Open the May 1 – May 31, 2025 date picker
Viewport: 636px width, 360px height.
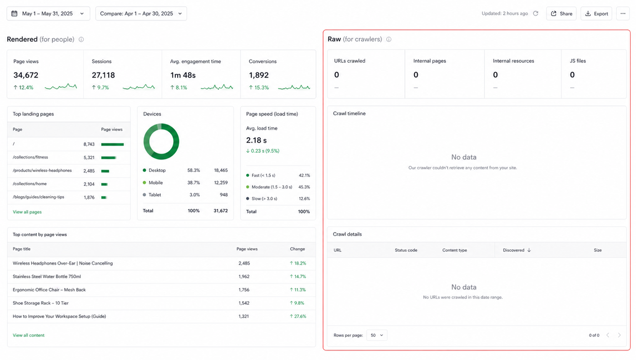(48, 14)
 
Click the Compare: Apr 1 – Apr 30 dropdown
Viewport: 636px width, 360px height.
(141, 14)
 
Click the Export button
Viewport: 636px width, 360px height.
(596, 14)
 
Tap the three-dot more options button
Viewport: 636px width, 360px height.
(623, 14)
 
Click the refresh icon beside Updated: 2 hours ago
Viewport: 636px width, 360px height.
(536, 13)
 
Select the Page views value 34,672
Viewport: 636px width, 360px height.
(26, 75)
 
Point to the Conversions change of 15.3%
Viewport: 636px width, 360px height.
(258, 88)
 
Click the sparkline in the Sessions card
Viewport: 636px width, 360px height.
(139, 87)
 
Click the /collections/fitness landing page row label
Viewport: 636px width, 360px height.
(30, 157)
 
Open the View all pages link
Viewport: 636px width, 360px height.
(27, 212)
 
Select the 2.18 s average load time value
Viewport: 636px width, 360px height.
(256, 140)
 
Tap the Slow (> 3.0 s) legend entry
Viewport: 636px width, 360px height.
(262, 199)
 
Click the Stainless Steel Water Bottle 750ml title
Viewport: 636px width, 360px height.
(47, 276)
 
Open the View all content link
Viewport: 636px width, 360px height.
(29, 335)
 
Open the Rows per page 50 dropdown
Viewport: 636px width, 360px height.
(377, 335)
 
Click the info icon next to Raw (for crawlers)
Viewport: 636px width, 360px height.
(389, 40)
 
